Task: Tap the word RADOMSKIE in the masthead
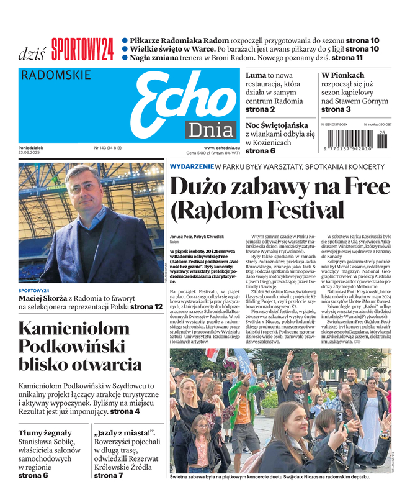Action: (56, 76)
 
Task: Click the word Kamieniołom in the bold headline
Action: (78, 328)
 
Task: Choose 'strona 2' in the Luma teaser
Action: (260, 109)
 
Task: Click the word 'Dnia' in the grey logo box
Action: (208, 130)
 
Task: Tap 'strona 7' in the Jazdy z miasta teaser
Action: (109, 476)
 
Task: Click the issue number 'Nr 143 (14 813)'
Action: (107, 147)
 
